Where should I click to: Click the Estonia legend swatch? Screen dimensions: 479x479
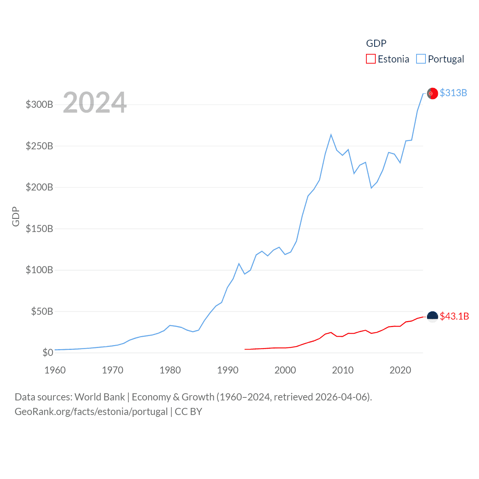pyautogui.click(x=370, y=59)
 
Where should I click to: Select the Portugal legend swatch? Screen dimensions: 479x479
pyautogui.click(x=421, y=59)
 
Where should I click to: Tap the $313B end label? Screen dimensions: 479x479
pyautogui.click(x=453, y=93)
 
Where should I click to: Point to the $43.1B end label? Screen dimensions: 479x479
pyautogui.click(x=454, y=316)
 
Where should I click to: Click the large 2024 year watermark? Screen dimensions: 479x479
pyautogui.click(x=95, y=102)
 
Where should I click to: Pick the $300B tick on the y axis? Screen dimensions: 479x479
pyautogui.click(x=39, y=104)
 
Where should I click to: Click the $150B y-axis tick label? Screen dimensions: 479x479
pyautogui.click(x=39, y=229)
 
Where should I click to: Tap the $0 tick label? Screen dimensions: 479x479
pyautogui.click(x=48, y=353)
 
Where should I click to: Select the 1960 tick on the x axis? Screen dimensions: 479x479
pyautogui.click(x=55, y=370)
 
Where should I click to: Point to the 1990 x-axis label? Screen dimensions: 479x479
pyautogui.click(x=228, y=370)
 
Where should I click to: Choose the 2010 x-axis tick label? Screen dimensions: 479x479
pyautogui.click(x=343, y=370)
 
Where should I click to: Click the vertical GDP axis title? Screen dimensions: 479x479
pyautogui.click(x=16, y=216)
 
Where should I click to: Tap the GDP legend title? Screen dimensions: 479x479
pyautogui.click(x=376, y=43)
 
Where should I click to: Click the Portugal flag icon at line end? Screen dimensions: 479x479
pyautogui.click(x=432, y=93)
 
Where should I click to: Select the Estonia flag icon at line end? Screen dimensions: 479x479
pyautogui.click(x=432, y=317)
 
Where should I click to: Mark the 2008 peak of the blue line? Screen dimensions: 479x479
pyautogui.click(x=331, y=135)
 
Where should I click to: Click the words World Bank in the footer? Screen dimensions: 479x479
pyautogui.click(x=100, y=397)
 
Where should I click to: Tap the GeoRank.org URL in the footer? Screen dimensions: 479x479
pyautogui.click(x=91, y=412)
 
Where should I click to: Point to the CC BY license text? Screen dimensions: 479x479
pyautogui.click(x=189, y=412)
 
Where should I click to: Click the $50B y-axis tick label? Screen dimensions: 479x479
pyautogui.click(x=42, y=311)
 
